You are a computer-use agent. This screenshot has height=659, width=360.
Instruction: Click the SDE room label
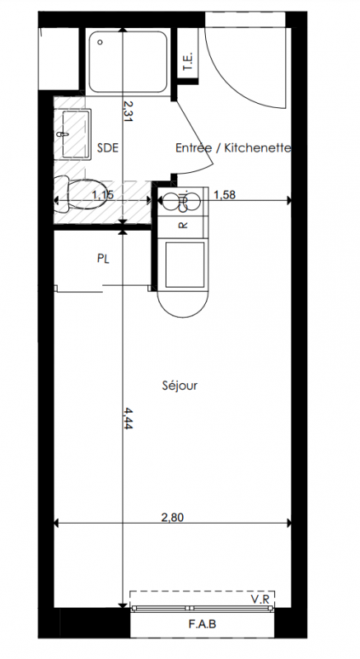tap(108, 148)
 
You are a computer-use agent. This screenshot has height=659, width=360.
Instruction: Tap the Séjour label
tap(180, 386)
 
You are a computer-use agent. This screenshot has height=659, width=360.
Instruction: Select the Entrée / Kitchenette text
tap(233, 148)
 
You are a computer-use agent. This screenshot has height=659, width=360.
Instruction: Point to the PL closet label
tap(103, 259)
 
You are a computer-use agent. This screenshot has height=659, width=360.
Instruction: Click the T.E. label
tap(188, 61)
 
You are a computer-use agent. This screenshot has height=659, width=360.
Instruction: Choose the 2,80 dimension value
tap(173, 517)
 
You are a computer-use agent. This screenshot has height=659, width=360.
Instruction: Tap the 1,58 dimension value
tap(225, 194)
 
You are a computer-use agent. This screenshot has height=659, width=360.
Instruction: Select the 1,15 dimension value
tap(103, 194)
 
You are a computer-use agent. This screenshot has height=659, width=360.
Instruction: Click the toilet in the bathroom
tap(81, 194)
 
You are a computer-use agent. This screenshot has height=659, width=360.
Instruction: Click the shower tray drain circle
tap(100, 42)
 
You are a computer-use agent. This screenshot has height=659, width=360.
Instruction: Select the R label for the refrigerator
tap(183, 225)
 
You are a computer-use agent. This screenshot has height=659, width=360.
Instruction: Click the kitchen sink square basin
tap(185, 264)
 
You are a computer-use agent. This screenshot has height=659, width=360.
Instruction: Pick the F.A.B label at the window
tap(203, 624)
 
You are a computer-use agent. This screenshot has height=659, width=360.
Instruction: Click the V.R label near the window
tap(260, 599)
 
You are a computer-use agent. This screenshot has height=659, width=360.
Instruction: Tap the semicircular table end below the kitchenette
tap(183, 304)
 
